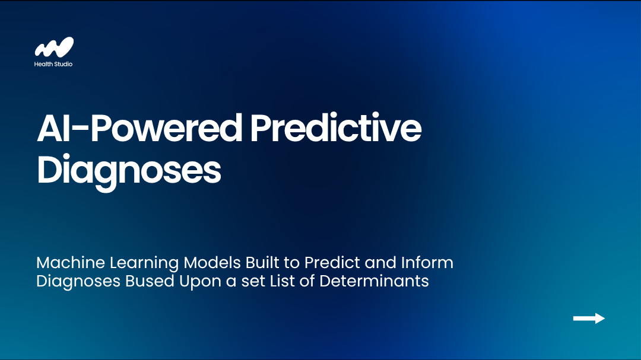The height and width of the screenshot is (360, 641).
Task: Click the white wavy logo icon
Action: point(54,47)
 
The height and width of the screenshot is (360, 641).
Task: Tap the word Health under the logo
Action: point(43,63)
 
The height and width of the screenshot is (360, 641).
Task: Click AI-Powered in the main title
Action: point(139,128)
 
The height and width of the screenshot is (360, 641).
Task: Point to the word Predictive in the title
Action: point(335,128)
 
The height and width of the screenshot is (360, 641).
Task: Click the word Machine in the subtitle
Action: point(71,262)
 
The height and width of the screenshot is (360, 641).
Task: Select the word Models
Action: point(212,262)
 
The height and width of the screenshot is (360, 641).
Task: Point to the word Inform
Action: point(427,262)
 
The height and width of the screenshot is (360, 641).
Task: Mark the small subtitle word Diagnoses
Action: point(78,282)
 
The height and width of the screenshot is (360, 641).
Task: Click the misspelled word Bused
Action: point(150,281)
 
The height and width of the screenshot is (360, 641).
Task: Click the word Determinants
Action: point(374,281)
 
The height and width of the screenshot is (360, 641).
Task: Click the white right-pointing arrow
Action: point(589,318)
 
